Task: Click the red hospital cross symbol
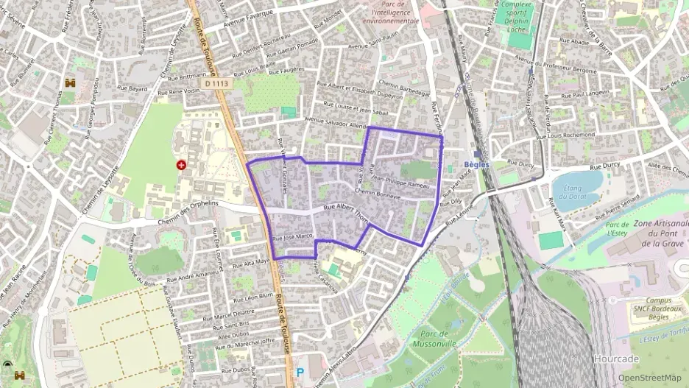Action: [x=180, y=165]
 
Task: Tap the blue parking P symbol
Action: [x=300, y=373]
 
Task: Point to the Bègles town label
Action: [x=478, y=164]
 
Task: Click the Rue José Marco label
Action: [x=294, y=237]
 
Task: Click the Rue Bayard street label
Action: [x=132, y=89]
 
